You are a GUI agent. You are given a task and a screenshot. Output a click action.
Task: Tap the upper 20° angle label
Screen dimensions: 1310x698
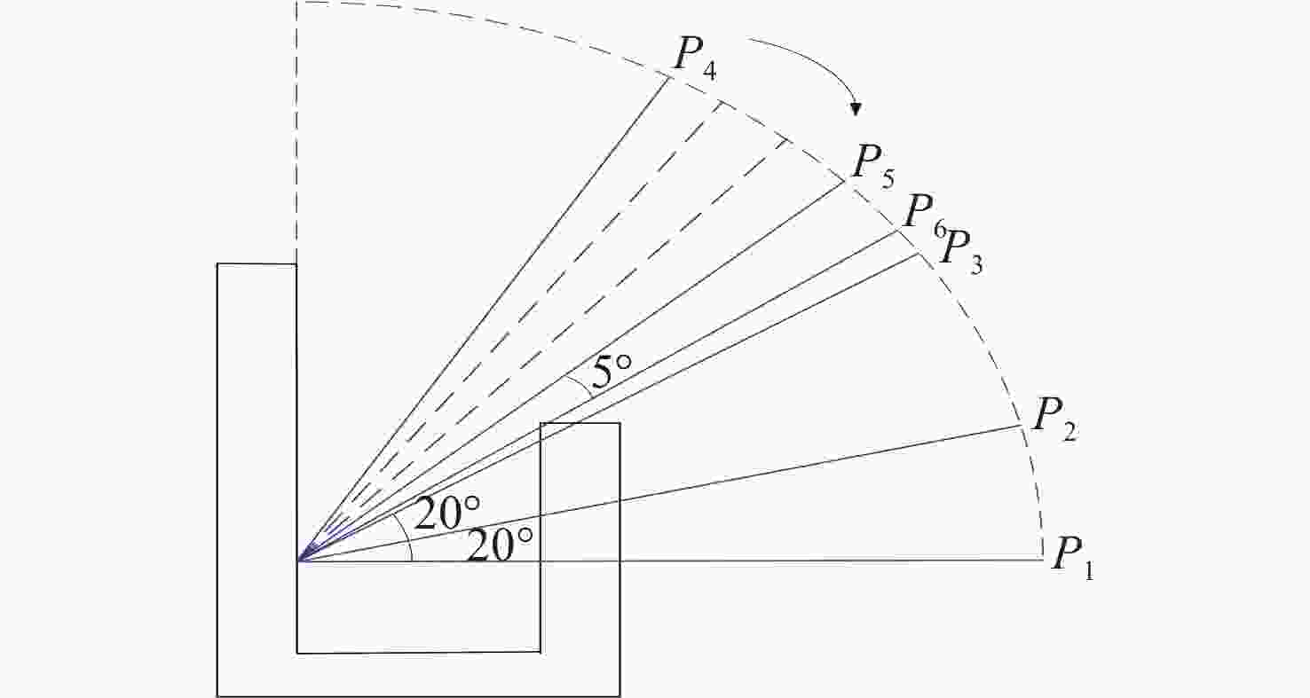click(x=447, y=513)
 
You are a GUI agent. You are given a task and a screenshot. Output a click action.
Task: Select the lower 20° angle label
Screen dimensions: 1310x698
click(x=500, y=545)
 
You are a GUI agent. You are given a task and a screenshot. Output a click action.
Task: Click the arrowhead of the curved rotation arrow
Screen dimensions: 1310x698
click(x=856, y=109)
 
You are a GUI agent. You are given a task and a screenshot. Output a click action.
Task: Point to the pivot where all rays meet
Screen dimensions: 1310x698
click(x=297, y=561)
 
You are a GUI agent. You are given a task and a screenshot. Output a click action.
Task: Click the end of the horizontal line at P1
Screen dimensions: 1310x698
click(x=1044, y=560)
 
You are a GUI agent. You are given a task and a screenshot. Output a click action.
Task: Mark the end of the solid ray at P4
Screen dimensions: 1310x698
click(x=667, y=76)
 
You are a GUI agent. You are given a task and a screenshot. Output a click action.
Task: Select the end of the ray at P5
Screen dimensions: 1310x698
click(x=845, y=182)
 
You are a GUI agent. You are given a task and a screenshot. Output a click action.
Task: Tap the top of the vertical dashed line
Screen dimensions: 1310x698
click(x=296, y=3)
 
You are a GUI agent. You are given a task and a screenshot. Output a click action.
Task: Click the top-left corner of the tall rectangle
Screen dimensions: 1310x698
click(x=217, y=264)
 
